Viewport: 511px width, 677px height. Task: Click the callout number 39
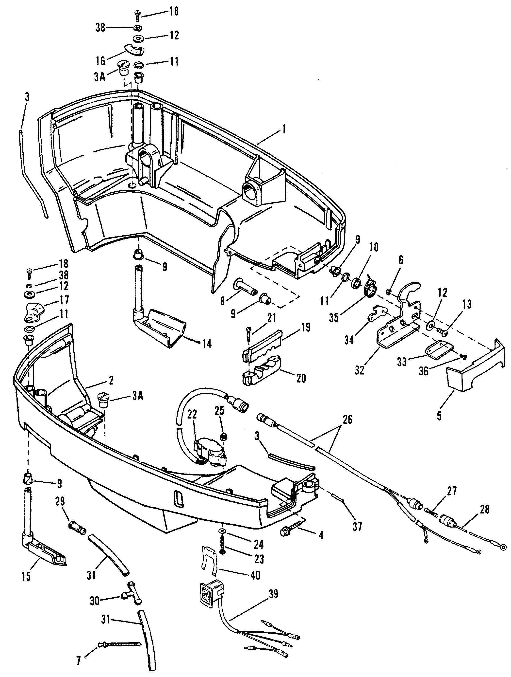(x=273, y=594)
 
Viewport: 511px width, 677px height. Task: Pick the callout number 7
(x=79, y=660)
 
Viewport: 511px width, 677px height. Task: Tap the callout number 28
(x=484, y=509)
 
